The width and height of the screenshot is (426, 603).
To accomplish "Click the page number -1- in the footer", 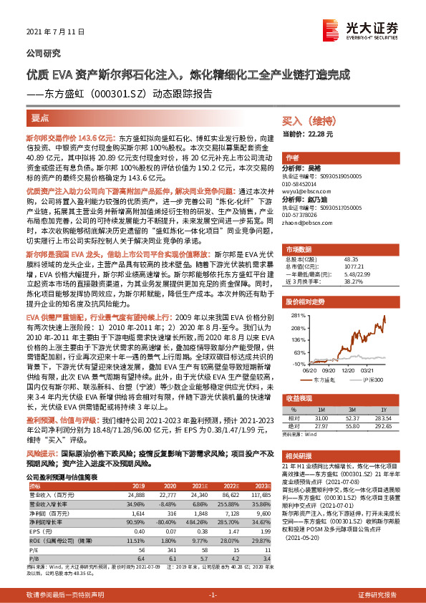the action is pos(212,595).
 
